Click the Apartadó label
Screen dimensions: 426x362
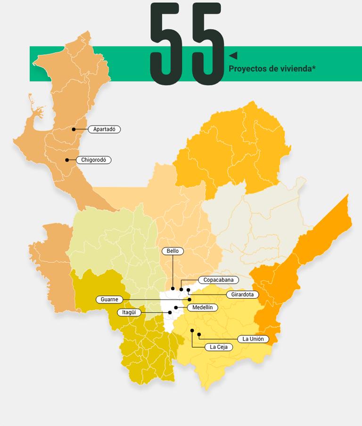pos(104,129)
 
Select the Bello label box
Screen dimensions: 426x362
pos(173,251)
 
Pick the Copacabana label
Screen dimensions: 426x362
pos(218,280)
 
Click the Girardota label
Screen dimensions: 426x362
pos(242,294)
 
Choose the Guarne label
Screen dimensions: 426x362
pos(109,300)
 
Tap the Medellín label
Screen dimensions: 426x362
pos(203,308)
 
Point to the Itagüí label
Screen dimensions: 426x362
pos(129,312)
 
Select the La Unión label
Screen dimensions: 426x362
pos(253,339)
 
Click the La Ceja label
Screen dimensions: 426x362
pos(219,347)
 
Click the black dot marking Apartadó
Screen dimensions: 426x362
pos(74,129)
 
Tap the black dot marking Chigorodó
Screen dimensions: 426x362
pos(67,160)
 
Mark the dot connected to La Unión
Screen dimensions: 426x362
pos(199,334)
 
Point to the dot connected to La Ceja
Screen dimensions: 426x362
pos(192,330)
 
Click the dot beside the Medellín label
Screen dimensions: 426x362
pos(176,308)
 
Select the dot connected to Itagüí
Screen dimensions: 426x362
pos(170,312)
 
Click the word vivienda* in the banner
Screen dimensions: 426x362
pos(298,69)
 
